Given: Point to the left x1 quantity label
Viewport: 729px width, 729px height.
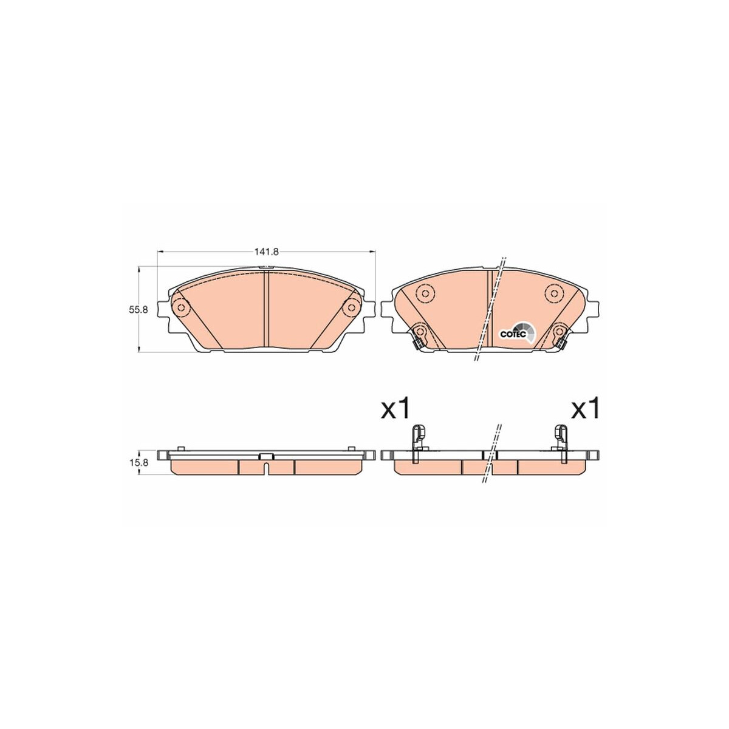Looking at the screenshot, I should click(x=397, y=409).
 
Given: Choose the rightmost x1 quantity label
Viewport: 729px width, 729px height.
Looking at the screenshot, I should click(x=586, y=409).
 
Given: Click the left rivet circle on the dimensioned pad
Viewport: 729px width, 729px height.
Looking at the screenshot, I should click(x=180, y=308).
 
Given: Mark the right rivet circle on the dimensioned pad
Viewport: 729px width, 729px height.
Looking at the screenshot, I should click(x=351, y=308).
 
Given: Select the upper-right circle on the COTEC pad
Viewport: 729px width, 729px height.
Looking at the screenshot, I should click(x=553, y=294).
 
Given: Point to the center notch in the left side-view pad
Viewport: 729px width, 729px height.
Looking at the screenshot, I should click(x=266, y=468).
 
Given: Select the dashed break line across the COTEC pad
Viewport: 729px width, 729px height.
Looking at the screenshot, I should click(x=490, y=310).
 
